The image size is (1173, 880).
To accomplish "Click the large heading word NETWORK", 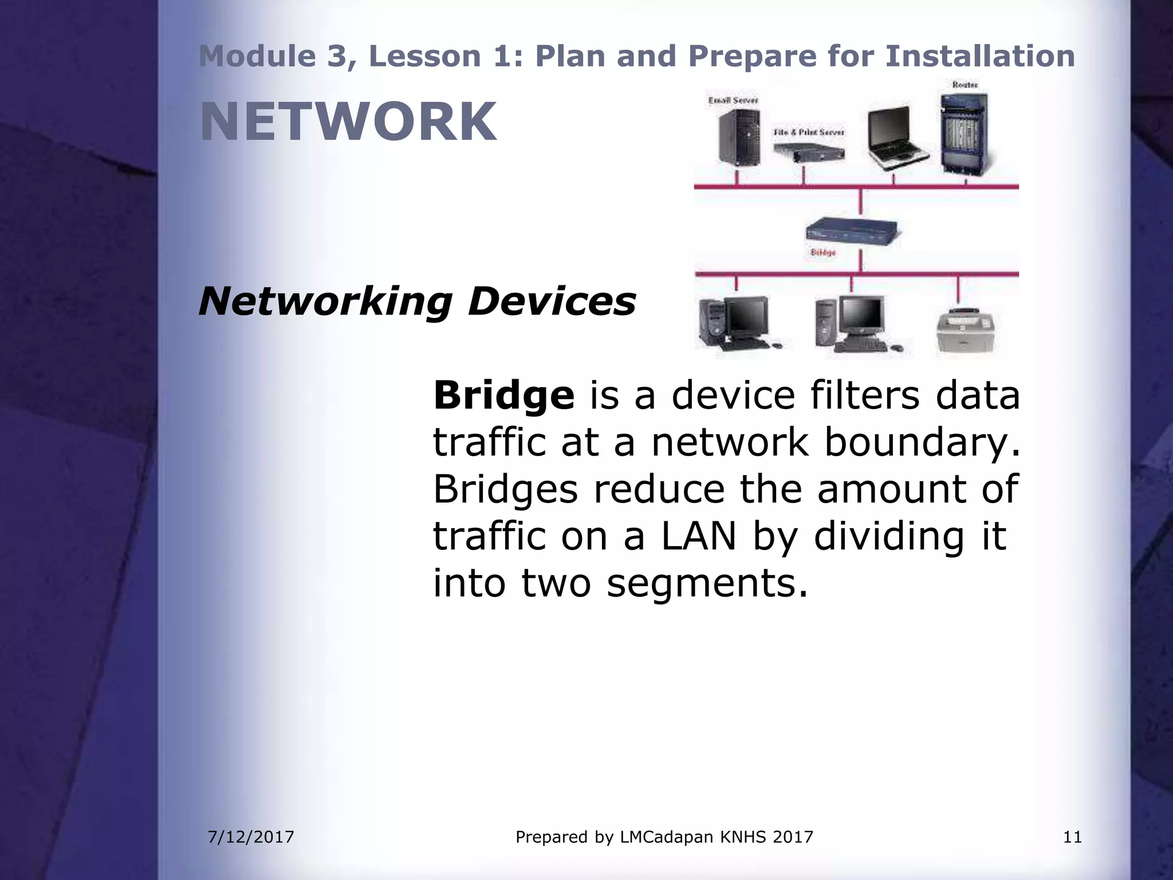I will pos(348,121).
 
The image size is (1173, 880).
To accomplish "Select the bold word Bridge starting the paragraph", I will pos(503,395).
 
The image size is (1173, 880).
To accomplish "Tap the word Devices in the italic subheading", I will pos(552,301).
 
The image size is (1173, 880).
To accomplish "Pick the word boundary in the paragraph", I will pos(922,442).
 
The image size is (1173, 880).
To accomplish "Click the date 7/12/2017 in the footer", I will pos(251,837).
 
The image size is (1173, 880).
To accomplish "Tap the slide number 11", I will pos(1072,837).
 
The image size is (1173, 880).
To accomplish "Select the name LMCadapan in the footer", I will pos(667,837).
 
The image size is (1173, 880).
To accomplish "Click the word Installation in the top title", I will pos(979,56).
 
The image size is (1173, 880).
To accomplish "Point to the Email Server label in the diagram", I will pos(733,100).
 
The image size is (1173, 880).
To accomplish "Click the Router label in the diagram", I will pos(965,85).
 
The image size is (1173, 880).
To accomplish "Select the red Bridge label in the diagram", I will pos(823,253).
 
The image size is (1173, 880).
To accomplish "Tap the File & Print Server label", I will pos(809,132).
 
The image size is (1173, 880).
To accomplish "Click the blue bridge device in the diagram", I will pos(852,231).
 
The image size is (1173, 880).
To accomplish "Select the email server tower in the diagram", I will pos(739,137).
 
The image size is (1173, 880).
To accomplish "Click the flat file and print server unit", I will pos(809,151).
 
